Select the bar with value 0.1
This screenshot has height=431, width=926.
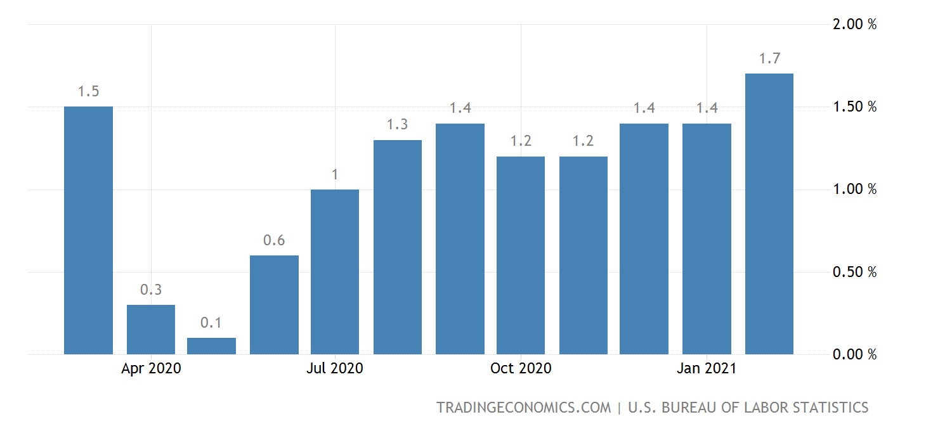[x=211, y=346]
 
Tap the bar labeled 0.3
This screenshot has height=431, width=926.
[x=151, y=330]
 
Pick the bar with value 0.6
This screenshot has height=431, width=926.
[x=274, y=305]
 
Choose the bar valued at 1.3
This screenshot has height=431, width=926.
[x=398, y=247]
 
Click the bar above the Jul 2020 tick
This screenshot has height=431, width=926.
[x=335, y=272]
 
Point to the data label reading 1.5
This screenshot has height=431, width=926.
[x=88, y=92]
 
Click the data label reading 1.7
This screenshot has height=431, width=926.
[x=769, y=59]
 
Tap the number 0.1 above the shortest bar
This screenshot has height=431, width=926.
[x=211, y=323]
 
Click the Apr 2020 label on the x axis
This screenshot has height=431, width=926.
[x=151, y=368]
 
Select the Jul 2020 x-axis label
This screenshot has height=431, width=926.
[x=335, y=368]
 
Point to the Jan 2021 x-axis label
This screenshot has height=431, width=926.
[x=707, y=368]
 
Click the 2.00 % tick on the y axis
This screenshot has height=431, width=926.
[x=854, y=25]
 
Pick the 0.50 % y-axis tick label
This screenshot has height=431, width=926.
[x=854, y=273]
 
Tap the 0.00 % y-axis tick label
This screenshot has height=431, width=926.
[x=854, y=354]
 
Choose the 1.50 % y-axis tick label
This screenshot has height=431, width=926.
[x=854, y=106]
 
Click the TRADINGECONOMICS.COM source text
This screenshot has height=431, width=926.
[x=523, y=408]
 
